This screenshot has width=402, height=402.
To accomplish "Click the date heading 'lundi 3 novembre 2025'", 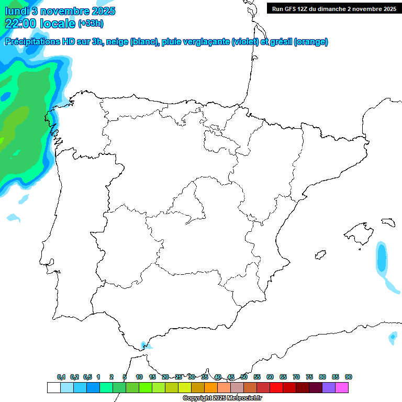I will point(60,11).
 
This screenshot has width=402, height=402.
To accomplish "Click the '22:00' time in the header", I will point(21,23).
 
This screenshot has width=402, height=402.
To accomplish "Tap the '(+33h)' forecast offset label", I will point(91,24).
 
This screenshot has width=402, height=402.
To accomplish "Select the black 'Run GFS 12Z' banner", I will point(331,8).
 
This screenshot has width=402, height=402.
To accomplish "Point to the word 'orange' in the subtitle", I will point(311,42).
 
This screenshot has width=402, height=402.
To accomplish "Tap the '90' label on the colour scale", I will point(349,377).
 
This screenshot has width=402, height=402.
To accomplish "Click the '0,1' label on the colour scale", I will point(61,377).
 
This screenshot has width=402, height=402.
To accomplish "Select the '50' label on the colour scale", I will point(244,377).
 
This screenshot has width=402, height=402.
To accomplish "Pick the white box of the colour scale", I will point(53,387).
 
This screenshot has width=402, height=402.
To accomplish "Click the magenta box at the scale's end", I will point(342,387).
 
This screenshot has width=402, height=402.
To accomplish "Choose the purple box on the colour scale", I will point(329,387).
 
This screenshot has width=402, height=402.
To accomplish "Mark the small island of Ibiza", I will point(319,255).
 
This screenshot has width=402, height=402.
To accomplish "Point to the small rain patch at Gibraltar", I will point(146,345).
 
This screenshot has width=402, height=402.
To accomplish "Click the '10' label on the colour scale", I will point(139,377).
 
